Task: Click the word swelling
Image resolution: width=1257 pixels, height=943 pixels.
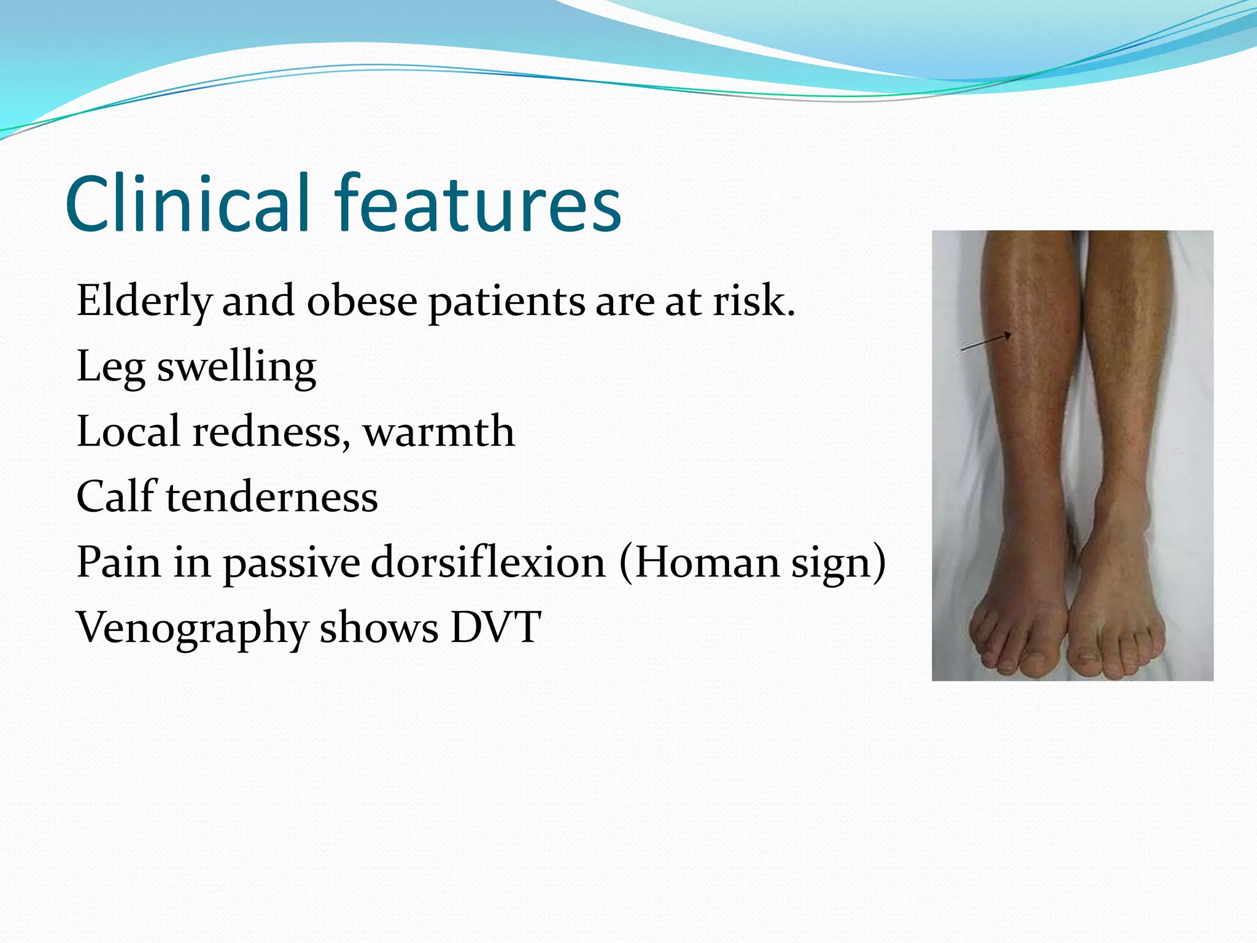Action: [x=236, y=367]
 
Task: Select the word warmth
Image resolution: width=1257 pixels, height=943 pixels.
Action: [x=438, y=432]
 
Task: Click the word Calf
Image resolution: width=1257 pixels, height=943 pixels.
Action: [x=115, y=497]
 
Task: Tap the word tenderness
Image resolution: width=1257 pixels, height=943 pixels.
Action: [x=271, y=497]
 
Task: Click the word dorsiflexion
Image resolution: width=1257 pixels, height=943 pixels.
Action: [x=488, y=562]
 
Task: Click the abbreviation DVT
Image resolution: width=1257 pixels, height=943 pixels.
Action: [x=496, y=627]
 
